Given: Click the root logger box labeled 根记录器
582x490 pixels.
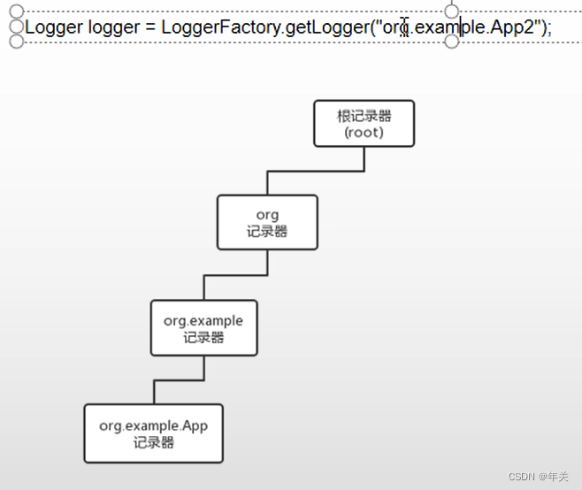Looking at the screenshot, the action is click(x=364, y=123).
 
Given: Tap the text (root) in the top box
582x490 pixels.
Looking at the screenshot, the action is click(x=364, y=133).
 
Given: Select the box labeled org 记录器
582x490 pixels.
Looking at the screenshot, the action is click(x=267, y=222).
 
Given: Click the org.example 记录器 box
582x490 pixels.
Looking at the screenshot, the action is click(x=203, y=328).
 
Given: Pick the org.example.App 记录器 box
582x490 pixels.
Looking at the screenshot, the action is click(x=153, y=433).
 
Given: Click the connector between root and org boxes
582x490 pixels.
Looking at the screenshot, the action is click(x=316, y=171).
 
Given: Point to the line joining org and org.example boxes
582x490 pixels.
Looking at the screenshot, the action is click(x=235, y=275).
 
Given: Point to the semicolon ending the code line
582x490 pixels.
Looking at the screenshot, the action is click(x=548, y=27).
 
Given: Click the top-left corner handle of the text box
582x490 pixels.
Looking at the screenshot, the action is click(x=16, y=11).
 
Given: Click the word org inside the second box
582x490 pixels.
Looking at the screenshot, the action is click(x=267, y=215).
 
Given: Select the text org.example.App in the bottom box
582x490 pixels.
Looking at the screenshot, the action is click(x=153, y=425).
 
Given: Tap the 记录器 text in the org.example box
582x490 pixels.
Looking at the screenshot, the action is click(x=203, y=337).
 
